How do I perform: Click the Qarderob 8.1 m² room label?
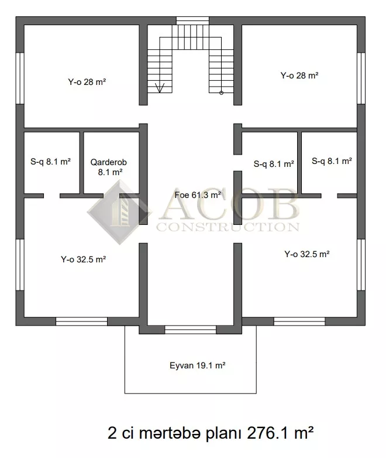tap(109, 167)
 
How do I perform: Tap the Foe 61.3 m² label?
tap(198, 195)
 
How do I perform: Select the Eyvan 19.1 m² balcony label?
tap(198, 365)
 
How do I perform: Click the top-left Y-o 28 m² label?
tap(87, 82)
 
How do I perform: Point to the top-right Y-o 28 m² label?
tap(299, 76)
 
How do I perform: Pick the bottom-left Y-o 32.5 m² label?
tap(83, 259)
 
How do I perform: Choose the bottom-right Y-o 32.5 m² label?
tap(307, 254)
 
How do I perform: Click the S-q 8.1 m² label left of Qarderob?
tap(50, 162)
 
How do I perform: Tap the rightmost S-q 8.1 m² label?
tap(332, 161)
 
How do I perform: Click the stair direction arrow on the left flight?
tap(160, 88)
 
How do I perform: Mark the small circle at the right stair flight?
tap(221, 93)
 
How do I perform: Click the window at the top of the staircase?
tap(192, 20)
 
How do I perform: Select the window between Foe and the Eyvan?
tap(190, 330)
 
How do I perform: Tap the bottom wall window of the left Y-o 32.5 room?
tap(81, 322)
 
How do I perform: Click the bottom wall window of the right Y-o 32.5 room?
tap(299, 322)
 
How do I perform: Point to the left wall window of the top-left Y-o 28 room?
tap(20, 78)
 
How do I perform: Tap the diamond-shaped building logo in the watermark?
tap(119, 212)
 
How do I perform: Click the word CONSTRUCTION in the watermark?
tap(228, 227)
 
